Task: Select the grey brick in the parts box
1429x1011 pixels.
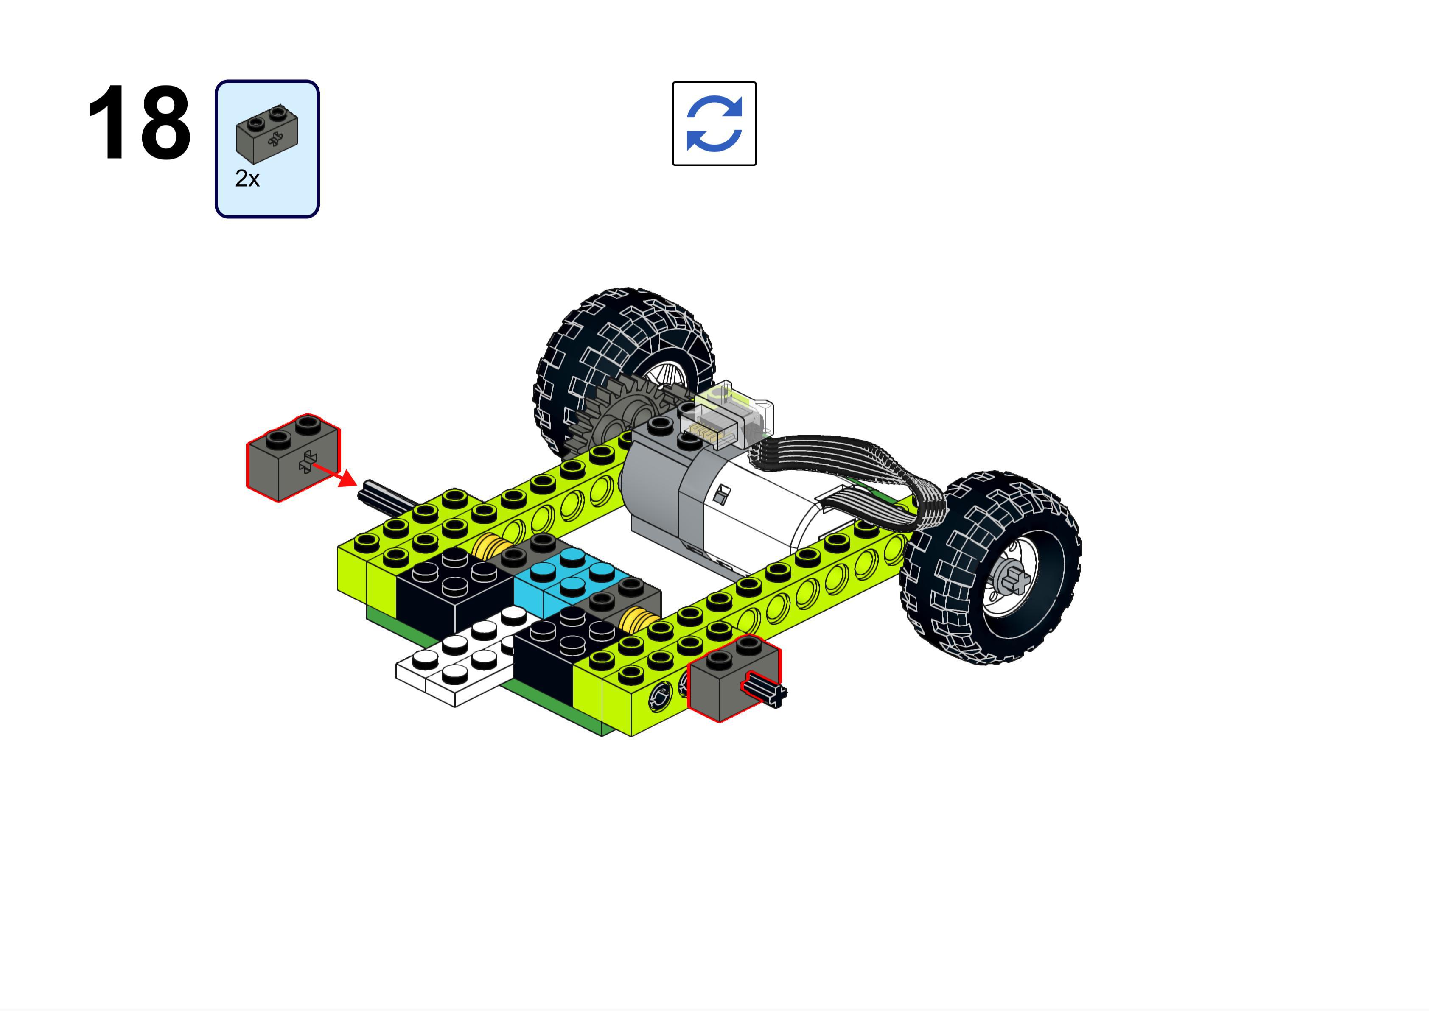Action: (267, 134)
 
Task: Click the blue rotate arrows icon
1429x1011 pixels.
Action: (714, 123)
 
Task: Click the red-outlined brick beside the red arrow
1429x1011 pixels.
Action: (293, 458)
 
